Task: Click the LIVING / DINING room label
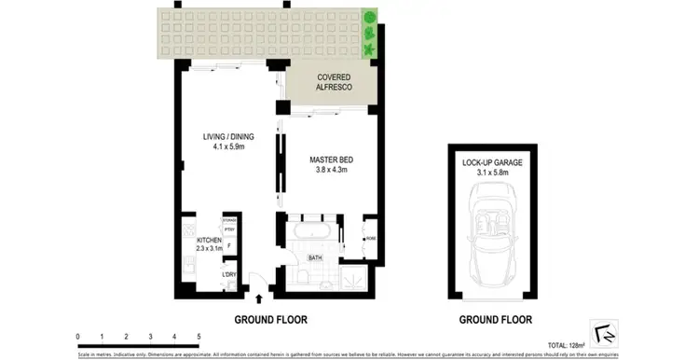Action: click(227, 141)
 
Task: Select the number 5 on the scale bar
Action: click(199, 336)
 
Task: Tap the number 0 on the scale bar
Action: click(78, 336)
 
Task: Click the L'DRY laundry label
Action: click(228, 273)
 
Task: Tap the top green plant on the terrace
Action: click(370, 17)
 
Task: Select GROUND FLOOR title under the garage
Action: click(496, 318)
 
